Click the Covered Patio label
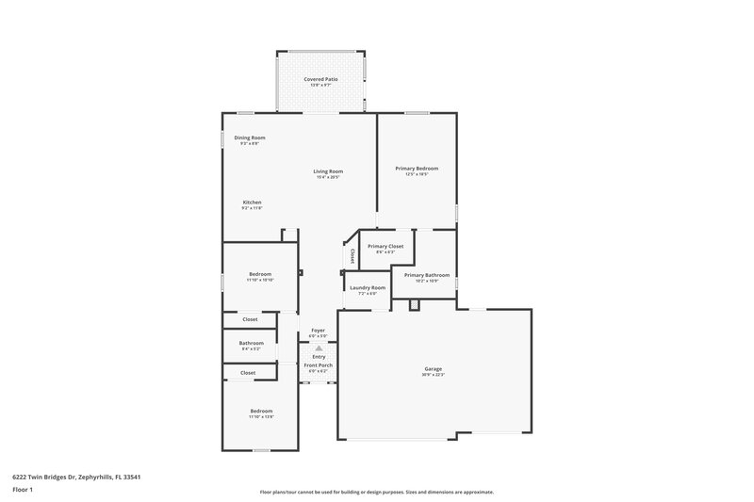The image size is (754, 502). pyautogui.click(x=320, y=79)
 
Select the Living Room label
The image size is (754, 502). pyautogui.click(x=328, y=171)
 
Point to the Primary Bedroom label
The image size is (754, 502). pyautogui.click(x=417, y=168)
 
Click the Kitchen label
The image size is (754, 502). pyautogui.click(x=252, y=202)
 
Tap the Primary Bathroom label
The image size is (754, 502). pyautogui.click(x=427, y=274)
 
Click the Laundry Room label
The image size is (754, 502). pyautogui.click(x=367, y=287)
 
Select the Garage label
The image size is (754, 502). pyautogui.click(x=434, y=368)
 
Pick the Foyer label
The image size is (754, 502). pyautogui.click(x=319, y=330)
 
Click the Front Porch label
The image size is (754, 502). pyautogui.click(x=318, y=364)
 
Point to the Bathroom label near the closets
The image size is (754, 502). pyautogui.click(x=251, y=343)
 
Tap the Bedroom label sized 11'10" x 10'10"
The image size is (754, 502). pyautogui.click(x=260, y=275)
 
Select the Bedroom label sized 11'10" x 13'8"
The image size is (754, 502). pyautogui.click(x=261, y=411)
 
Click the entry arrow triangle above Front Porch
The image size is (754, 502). pyautogui.click(x=319, y=348)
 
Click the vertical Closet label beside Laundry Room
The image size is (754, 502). pyautogui.click(x=352, y=255)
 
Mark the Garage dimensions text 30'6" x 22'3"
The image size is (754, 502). pyautogui.click(x=434, y=375)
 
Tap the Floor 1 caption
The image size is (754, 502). pyautogui.click(x=23, y=491)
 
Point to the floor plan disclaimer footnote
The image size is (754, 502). pyautogui.click(x=377, y=492)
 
